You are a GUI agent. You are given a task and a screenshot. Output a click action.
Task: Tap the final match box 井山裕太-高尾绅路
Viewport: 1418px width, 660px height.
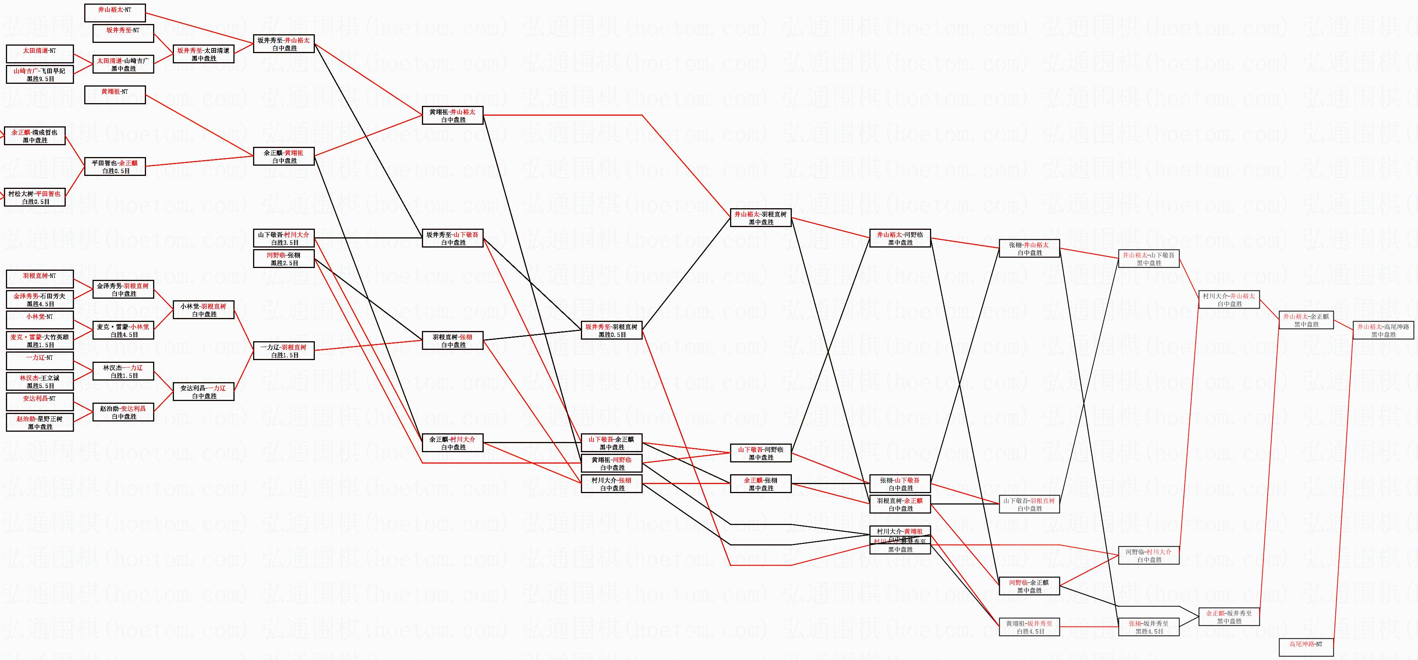click(1383, 330)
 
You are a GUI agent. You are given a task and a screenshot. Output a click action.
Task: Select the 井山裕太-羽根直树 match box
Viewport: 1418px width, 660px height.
click(761, 218)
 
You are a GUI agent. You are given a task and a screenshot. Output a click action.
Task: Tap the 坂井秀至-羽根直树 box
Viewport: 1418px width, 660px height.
click(611, 330)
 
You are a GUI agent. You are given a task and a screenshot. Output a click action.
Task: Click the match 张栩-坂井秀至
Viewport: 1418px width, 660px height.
click(1148, 627)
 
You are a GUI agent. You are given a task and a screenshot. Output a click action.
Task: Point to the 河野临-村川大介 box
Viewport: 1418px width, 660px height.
click(1148, 555)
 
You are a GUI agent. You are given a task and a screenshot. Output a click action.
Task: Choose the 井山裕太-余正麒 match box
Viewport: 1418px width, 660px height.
click(1306, 320)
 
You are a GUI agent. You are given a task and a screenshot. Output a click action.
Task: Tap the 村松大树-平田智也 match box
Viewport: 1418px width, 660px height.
click(34, 198)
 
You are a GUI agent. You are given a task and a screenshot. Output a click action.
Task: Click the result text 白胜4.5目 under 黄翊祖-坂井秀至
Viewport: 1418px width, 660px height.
click(1030, 631)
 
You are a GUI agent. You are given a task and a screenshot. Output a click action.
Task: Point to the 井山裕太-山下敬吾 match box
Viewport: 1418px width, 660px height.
click(1148, 259)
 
